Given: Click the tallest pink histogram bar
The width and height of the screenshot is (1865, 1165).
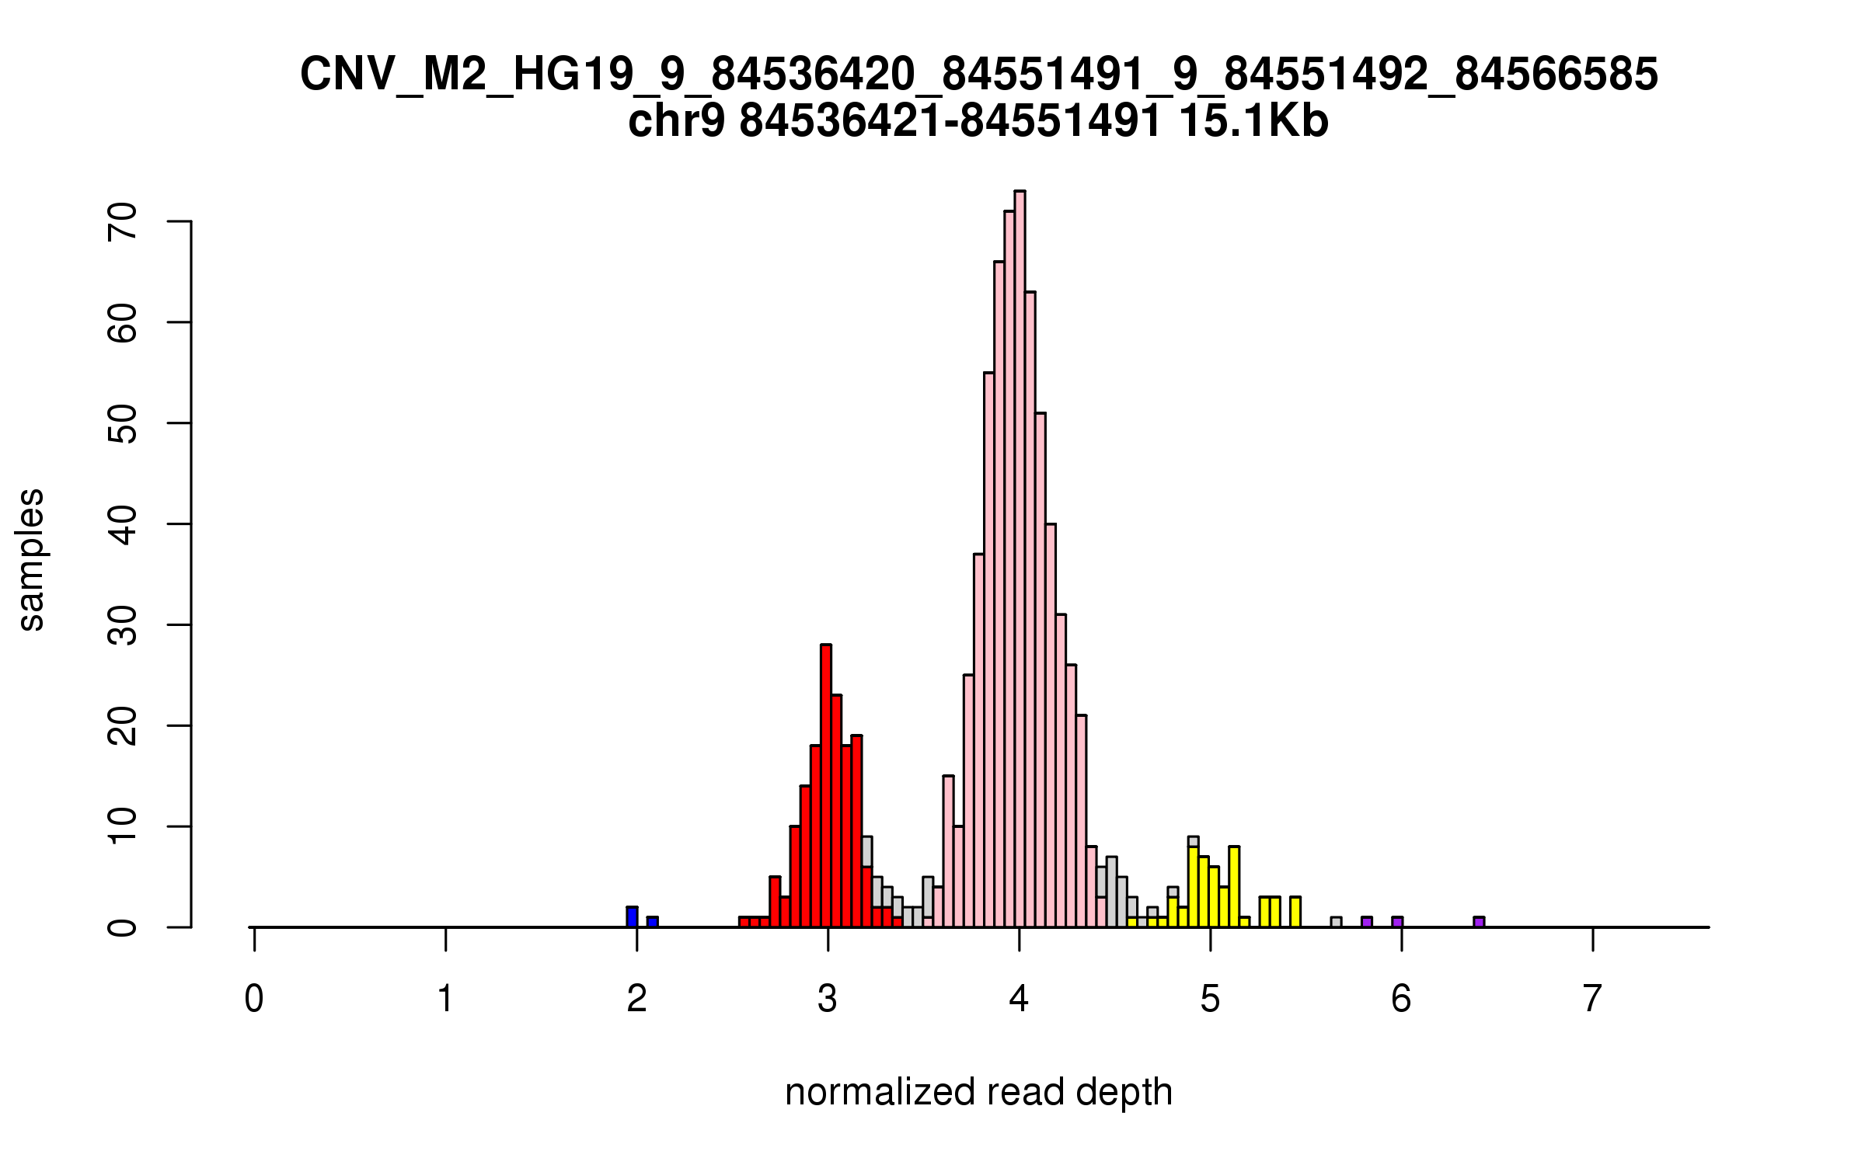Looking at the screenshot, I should (1020, 559).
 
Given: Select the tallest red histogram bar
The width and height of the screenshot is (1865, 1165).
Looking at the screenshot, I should (825, 784).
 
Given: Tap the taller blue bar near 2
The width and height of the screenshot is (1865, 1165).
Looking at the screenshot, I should (632, 917).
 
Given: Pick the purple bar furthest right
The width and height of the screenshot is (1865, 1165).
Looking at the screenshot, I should (1479, 922).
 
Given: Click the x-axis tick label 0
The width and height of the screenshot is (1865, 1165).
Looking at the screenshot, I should (254, 999).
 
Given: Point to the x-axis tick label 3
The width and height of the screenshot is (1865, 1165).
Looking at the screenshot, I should (828, 999).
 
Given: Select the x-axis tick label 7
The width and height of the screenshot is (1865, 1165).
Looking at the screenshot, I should (1592, 999).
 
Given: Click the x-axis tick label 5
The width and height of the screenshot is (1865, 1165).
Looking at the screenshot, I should (1210, 999).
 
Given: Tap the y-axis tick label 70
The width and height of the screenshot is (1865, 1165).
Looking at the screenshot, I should (123, 221).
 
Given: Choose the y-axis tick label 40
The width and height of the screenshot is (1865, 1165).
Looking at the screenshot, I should (123, 524).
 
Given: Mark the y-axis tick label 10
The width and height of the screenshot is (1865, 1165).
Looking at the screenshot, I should (123, 826).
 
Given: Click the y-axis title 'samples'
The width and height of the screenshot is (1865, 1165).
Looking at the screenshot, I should (31, 559).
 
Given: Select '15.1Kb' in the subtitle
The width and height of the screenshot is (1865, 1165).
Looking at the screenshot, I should (1253, 122).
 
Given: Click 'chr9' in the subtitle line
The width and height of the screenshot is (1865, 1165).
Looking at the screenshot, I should (676, 122).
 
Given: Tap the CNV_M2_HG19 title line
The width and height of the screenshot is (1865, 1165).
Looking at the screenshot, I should (979, 75).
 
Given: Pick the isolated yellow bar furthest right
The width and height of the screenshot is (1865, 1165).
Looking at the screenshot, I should (1295, 912).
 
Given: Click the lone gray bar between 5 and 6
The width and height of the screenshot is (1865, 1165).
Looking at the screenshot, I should (1336, 922).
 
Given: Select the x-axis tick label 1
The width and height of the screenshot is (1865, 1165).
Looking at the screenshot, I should (445, 999).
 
